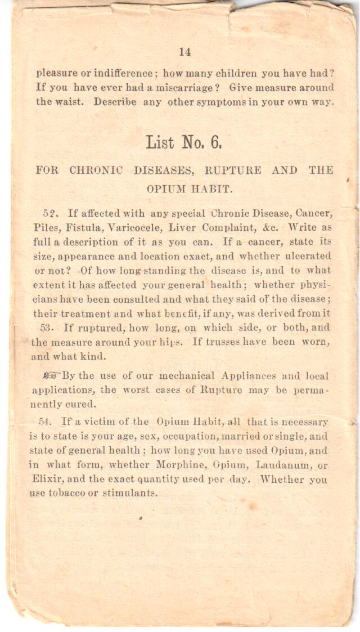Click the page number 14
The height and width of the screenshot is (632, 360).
pos(185,52)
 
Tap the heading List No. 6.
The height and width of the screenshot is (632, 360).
pos(184,142)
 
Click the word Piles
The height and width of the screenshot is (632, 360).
pos(44,228)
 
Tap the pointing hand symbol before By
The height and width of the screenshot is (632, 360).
pos(52,376)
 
